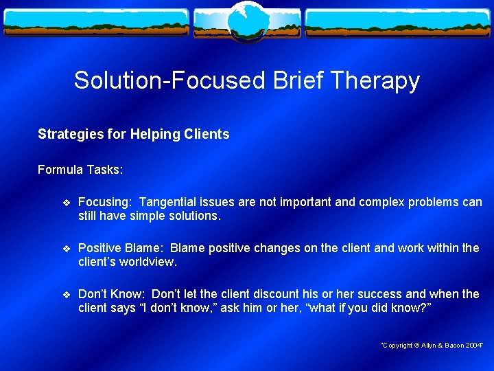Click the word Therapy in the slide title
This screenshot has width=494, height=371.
374,80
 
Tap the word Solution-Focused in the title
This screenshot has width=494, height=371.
169,80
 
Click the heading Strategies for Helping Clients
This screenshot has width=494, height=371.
133,134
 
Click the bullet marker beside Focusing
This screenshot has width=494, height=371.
66,202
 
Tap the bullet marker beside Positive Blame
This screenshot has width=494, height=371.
66,248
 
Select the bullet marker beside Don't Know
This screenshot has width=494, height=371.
66,294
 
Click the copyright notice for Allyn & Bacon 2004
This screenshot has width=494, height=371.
432,345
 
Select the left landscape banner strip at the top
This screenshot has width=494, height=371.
96,23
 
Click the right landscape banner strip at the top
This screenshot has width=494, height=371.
398,23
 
